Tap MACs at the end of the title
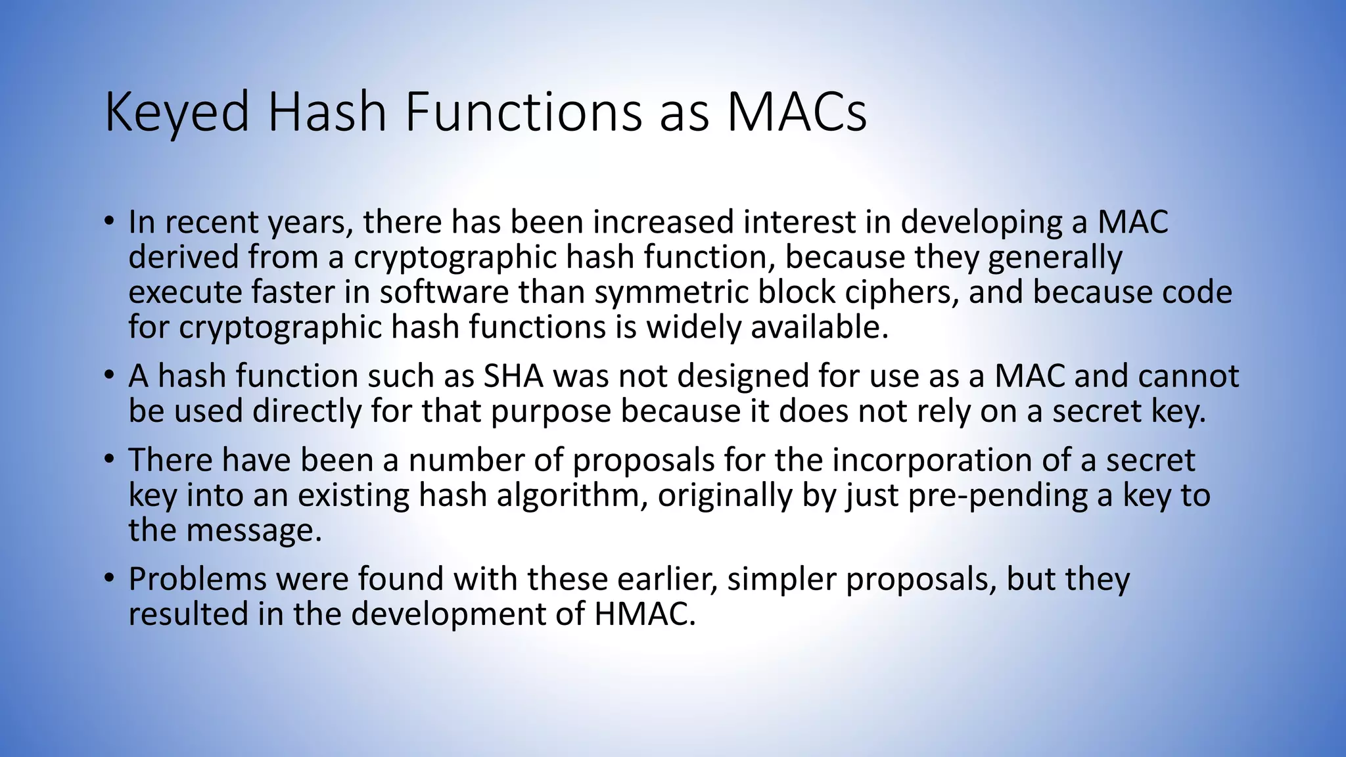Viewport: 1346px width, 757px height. point(796,112)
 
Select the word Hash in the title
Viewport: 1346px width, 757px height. point(326,112)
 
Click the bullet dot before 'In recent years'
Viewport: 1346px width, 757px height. point(109,221)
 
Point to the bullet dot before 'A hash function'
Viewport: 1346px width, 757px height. point(109,376)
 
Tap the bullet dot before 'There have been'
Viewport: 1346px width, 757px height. point(109,459)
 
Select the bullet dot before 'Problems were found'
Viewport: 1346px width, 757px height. point(109,579)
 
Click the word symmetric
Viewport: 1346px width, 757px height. point(671,293)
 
